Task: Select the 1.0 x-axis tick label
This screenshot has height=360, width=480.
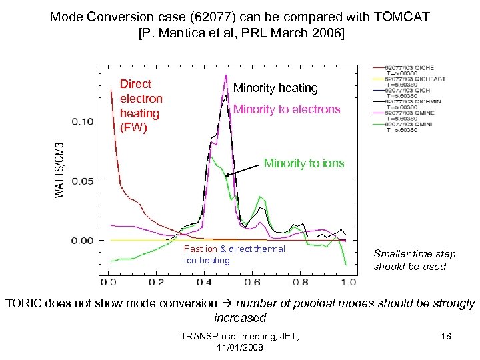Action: (x=347, y=282)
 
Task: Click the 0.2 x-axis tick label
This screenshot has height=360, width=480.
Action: (x=157, y=282)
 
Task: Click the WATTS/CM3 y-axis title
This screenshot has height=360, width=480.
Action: (x=59, y=170)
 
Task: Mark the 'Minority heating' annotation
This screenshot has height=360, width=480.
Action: (x=275, y=88)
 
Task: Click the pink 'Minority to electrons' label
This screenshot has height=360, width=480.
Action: (x=287, y=109)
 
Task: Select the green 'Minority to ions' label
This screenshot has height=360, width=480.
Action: (x=304, y=163)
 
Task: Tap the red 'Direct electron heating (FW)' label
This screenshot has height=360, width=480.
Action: (x=141, y=105)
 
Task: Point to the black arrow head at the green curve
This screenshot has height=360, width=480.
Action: (x=227, y=175)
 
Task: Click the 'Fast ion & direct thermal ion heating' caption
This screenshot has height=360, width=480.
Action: (x=234, y=255)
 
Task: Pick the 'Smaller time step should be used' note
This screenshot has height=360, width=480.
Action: (x=414, y=260)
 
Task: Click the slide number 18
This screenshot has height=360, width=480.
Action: (x=446, y=337)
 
